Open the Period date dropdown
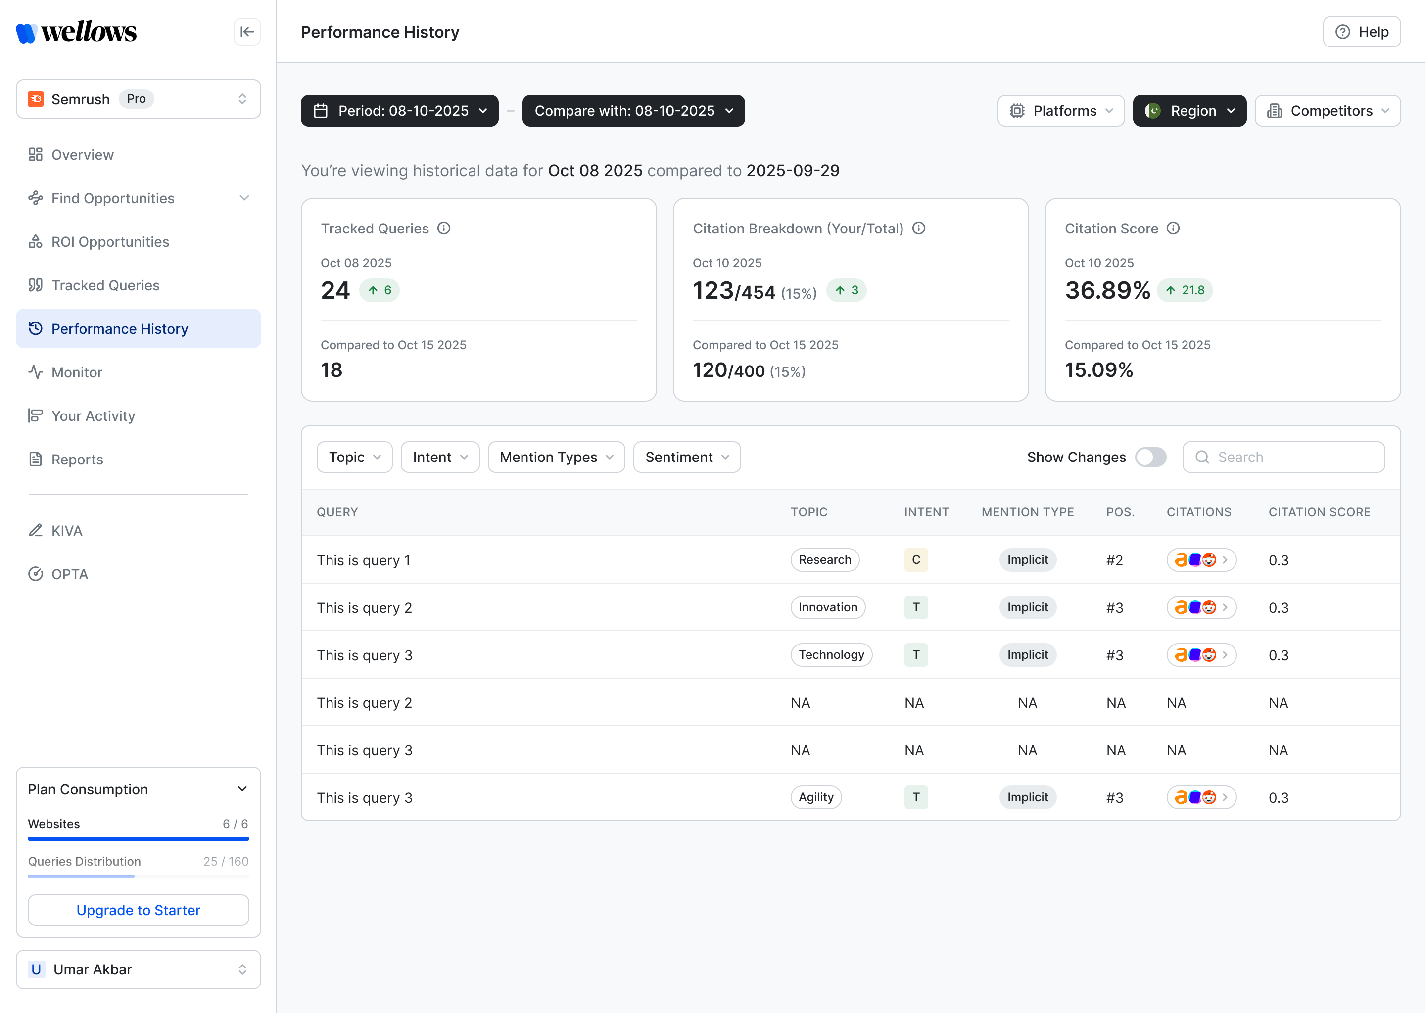tap(399, 111)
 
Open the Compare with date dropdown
tap(633, 111)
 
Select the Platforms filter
tap(1061, 111)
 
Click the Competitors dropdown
tap(1328, 111)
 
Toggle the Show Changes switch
tap(1150, 457)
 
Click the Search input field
tap(1283, 457)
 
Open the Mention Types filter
tap(556, 457)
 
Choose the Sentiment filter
tap(687, 457)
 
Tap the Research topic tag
tap(825, 559)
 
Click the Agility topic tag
tap(816, 797)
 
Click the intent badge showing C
tap(916, 559)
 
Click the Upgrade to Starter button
tap(139, 910)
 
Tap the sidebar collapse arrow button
tap(247, 32)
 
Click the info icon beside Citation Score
tap(1173, 229)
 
